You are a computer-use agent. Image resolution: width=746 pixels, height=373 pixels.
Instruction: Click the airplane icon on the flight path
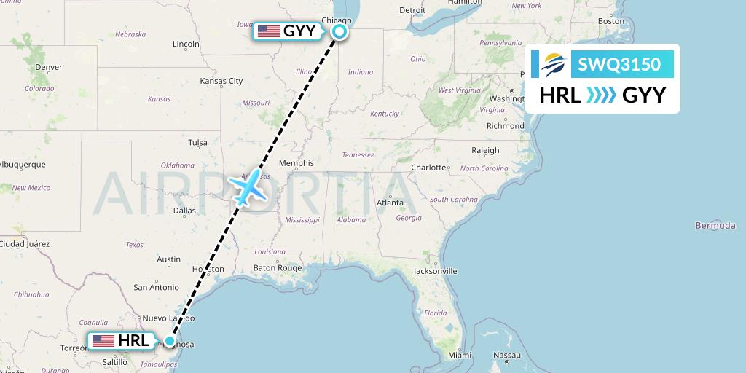248,188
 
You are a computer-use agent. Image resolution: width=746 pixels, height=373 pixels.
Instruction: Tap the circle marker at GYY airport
339,31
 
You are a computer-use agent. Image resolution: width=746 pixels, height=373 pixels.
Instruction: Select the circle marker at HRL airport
170,340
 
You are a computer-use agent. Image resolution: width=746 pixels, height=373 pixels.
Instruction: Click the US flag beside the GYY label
269,31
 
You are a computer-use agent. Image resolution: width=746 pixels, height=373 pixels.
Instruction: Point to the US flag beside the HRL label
103,340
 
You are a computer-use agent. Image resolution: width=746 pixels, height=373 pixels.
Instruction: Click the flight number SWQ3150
619,65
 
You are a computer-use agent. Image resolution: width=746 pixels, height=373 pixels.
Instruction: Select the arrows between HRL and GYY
602,95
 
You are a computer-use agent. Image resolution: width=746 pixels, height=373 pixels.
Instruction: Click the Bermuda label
715,226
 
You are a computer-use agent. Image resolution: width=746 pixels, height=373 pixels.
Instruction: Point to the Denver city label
49,68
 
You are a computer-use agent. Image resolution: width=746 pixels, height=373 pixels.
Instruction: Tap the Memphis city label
296,163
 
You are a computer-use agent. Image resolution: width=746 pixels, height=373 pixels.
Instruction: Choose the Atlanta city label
390,203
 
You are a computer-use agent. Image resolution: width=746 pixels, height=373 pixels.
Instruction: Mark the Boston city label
610,21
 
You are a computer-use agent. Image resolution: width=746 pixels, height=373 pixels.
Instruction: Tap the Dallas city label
184,211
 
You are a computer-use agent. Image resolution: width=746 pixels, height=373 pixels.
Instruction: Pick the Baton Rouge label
277,268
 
